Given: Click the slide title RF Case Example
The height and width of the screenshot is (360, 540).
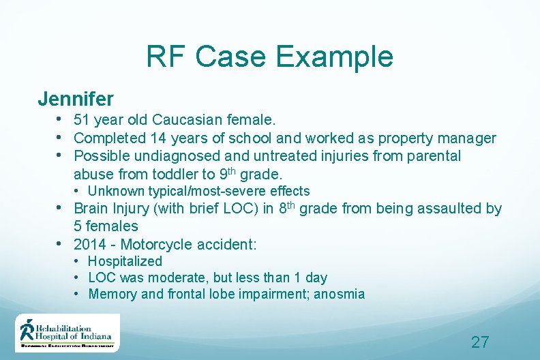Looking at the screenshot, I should pos(269,57).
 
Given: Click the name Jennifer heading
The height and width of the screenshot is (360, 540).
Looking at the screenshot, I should pos(76,99).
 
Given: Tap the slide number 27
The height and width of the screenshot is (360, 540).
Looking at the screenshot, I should pos(480,342).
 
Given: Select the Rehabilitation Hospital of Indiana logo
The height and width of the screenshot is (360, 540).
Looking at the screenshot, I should pos(67,333).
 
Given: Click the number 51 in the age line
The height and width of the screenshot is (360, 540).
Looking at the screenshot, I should pos(82,121).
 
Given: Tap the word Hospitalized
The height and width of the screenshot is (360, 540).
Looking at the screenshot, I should pos(125,261).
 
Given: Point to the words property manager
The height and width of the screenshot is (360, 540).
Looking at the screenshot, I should pos(437,138).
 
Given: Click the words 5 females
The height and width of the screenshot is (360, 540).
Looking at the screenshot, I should pos(106,226).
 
